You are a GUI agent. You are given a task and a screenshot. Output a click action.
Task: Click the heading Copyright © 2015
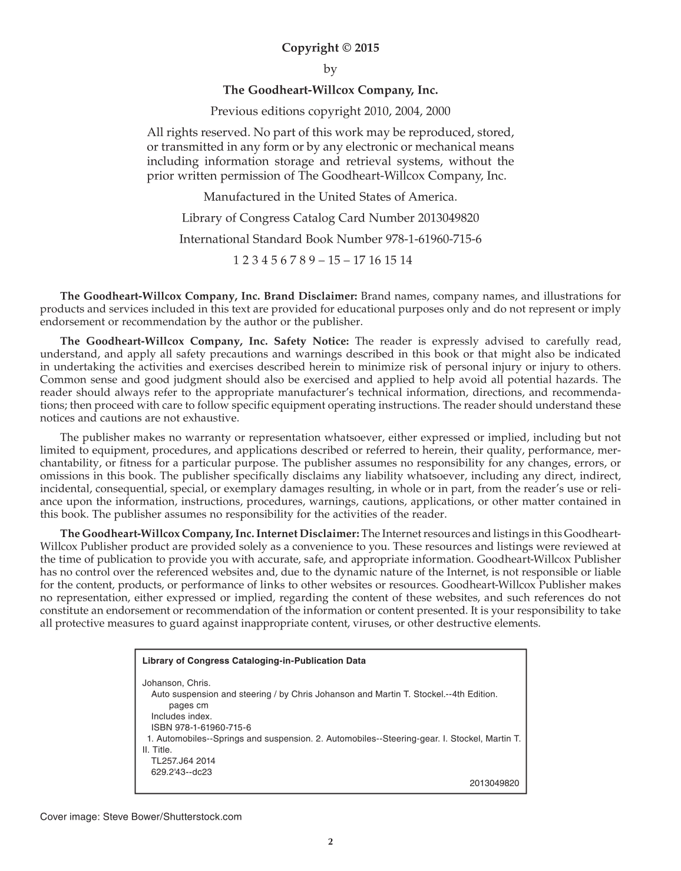pos(330,48)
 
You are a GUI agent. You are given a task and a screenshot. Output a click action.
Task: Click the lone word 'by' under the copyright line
pos(330,69)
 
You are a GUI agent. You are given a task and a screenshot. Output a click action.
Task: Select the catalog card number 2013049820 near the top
pos(448,218)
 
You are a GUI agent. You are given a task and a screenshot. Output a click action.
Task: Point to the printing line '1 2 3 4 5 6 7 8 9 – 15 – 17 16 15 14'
pos(323,260)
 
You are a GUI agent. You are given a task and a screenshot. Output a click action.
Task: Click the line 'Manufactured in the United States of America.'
pos(330,197)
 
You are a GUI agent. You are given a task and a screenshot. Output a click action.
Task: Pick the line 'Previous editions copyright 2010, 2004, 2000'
pos(330,111)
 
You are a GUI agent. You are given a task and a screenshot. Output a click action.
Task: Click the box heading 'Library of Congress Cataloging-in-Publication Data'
pos(254,661)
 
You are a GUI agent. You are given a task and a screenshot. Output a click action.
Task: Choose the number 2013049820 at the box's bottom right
pos(494,783)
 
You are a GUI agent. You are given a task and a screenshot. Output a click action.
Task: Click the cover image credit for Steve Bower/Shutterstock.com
pos(141,817)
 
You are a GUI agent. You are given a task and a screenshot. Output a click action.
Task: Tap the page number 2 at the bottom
pos(330,842)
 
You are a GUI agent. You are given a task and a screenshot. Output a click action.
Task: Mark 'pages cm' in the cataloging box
pos(189,706)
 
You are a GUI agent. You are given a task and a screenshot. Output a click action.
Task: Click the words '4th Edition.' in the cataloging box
pos(474,694)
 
